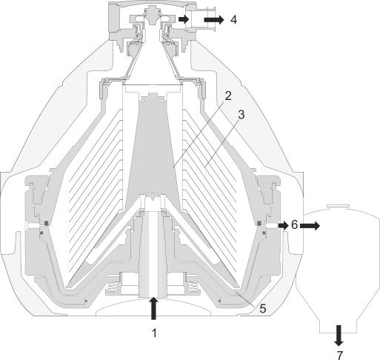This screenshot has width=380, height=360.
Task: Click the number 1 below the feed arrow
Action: [154, 333]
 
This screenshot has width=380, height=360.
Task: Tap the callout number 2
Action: [227, 96]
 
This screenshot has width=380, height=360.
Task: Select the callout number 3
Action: [241, 115]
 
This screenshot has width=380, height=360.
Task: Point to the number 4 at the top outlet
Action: [233, 19]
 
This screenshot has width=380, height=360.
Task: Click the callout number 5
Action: [262, 308]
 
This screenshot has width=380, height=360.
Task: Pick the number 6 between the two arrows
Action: [294, 225]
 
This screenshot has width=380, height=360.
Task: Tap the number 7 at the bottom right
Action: [340, 356]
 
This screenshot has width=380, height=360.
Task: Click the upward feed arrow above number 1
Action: [154, 308]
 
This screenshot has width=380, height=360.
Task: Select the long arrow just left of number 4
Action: [214, 20]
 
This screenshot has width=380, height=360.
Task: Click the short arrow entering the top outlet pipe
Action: [184, 19]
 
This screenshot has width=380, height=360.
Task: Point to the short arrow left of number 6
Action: [284, 225]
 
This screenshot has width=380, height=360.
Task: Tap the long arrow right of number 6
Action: [310, 226]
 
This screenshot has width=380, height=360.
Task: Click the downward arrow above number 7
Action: [339, 336]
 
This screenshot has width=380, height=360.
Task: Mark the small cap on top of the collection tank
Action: [338, 206]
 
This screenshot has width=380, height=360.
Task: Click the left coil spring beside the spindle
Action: [113, 287]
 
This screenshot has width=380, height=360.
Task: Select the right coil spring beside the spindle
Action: [194, 287]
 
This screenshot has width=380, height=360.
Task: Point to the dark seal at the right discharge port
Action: [259, 223]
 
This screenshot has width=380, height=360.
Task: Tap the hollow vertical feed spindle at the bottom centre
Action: [153, 254]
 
